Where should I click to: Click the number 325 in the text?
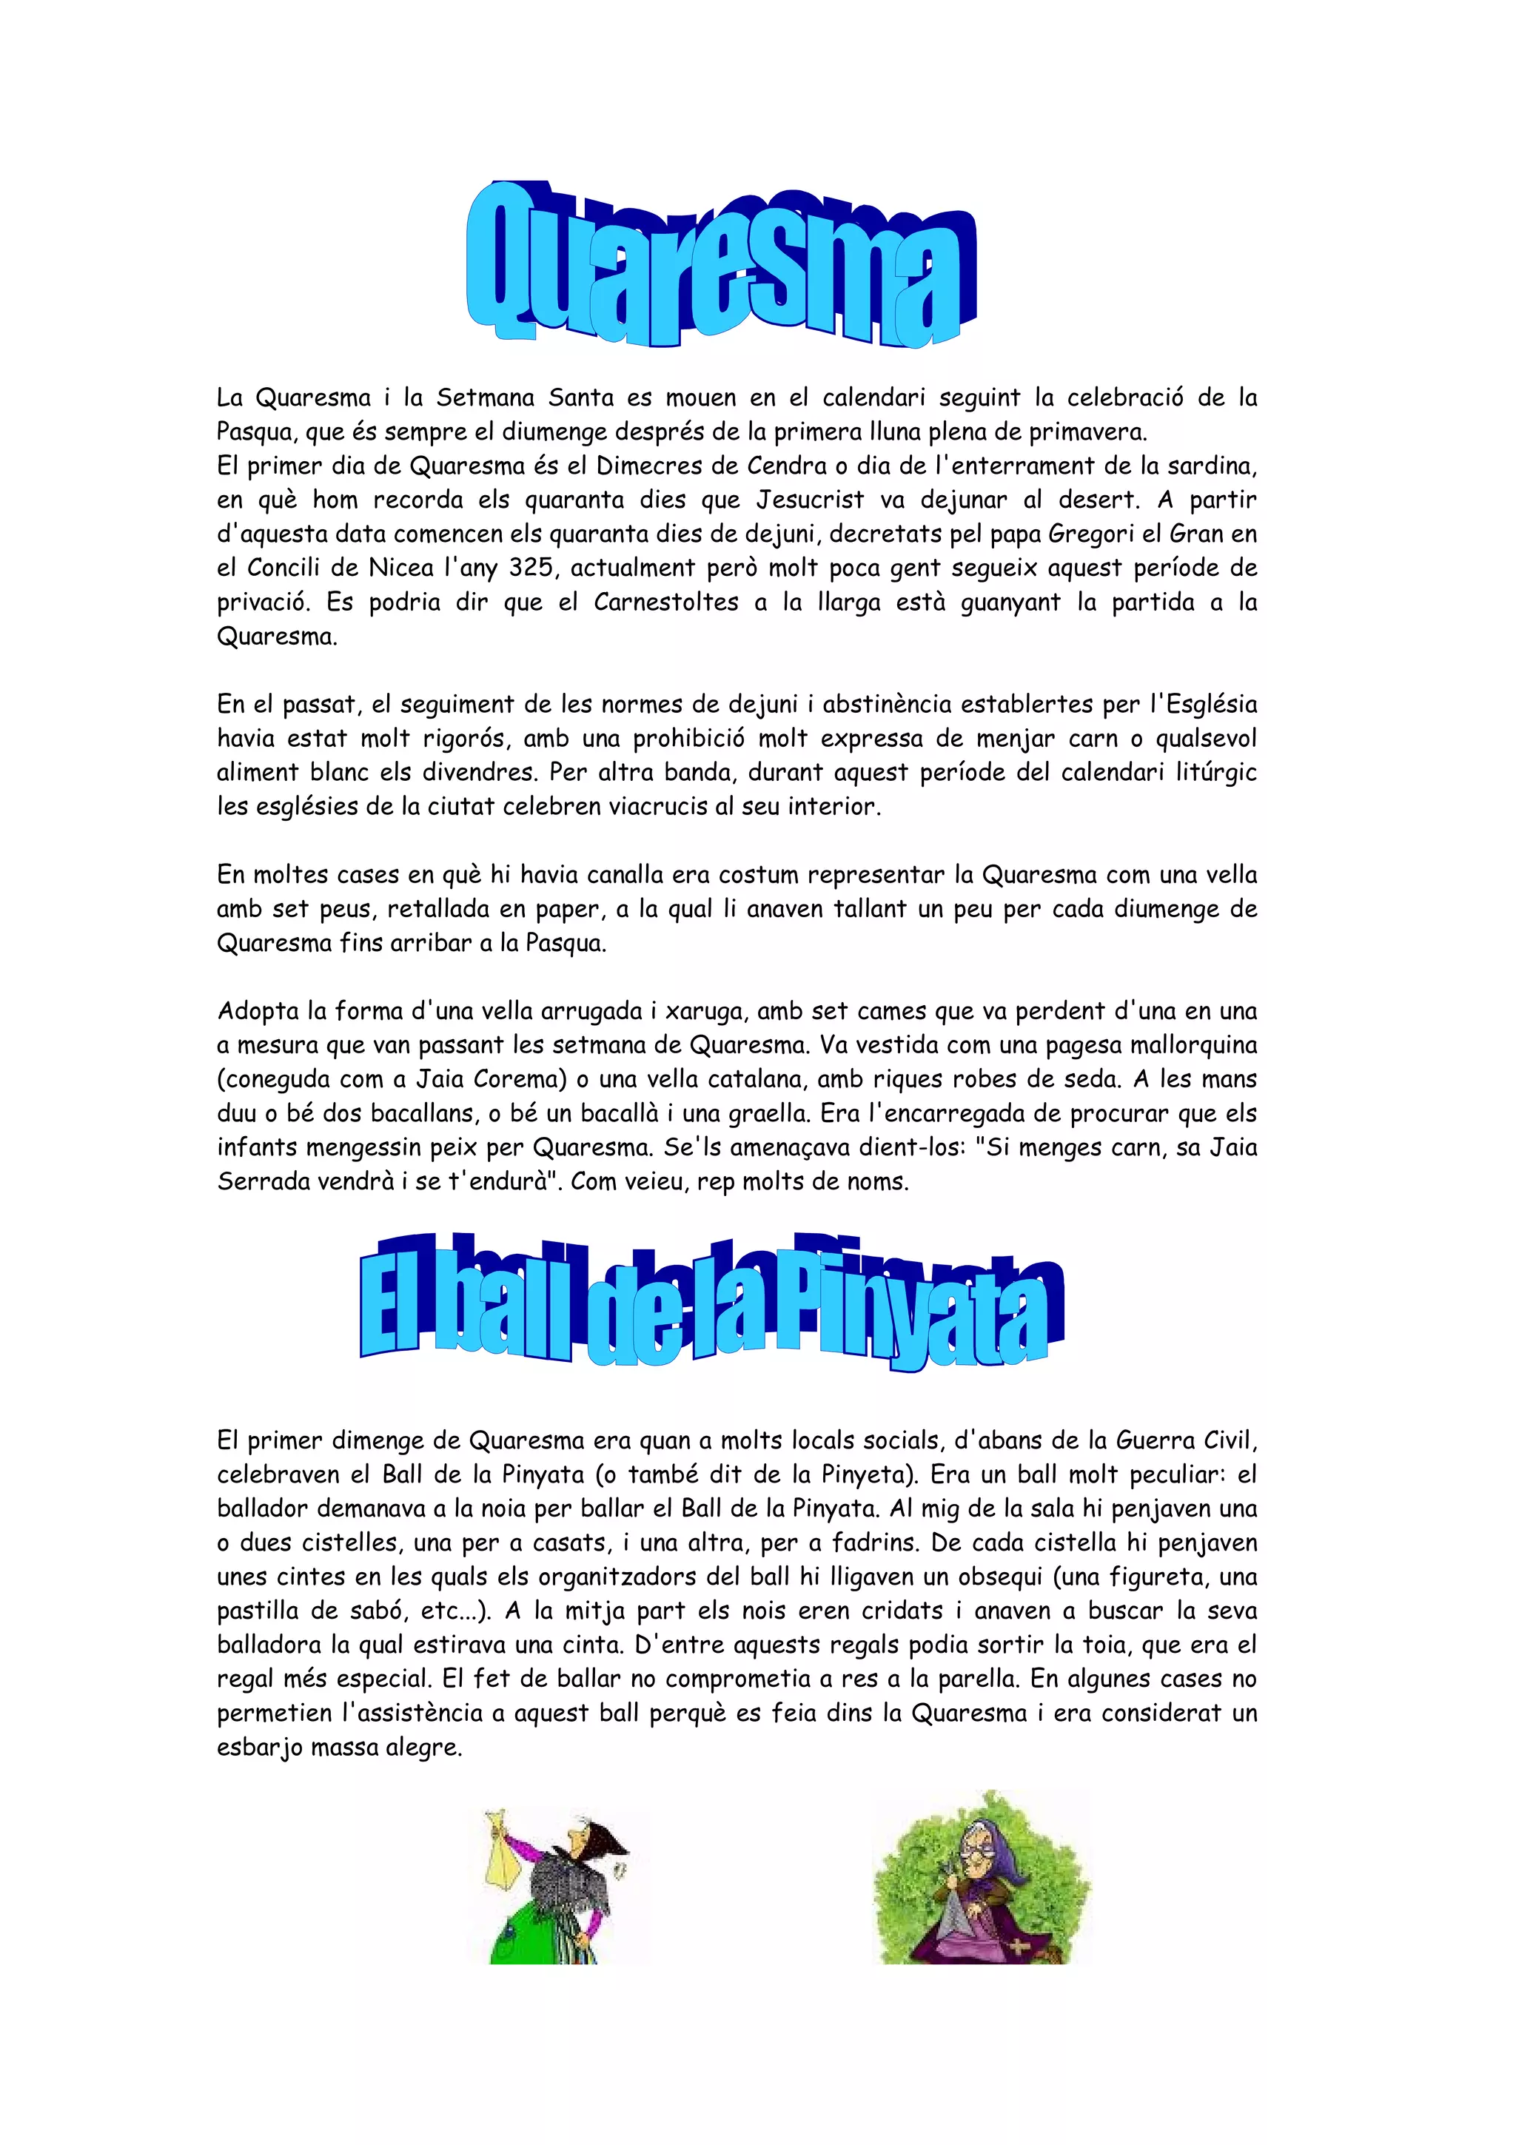click(531, 568)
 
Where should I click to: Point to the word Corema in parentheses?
click(517, 1080)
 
